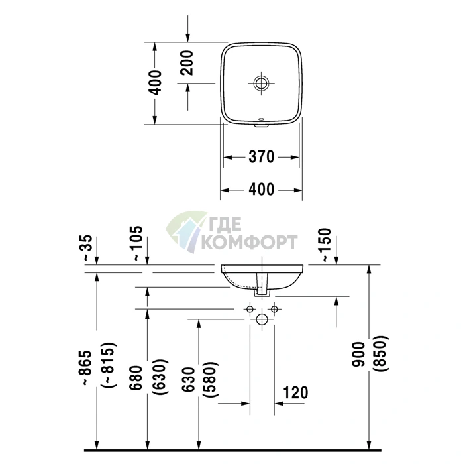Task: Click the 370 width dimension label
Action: (x=262, y=157)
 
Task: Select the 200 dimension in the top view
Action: (x=187, y=63)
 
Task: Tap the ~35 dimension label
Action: (x=87, y=247)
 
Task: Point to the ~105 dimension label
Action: (x=138, y=243)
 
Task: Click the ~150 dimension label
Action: (x=326, y=245)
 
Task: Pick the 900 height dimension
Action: (x=358, y=354)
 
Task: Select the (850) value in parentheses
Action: (x=380, y=353)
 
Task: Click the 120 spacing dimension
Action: (x=295, y=392)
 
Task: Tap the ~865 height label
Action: (x=87, y=368)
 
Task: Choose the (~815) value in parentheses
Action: (x=109, y=365)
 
